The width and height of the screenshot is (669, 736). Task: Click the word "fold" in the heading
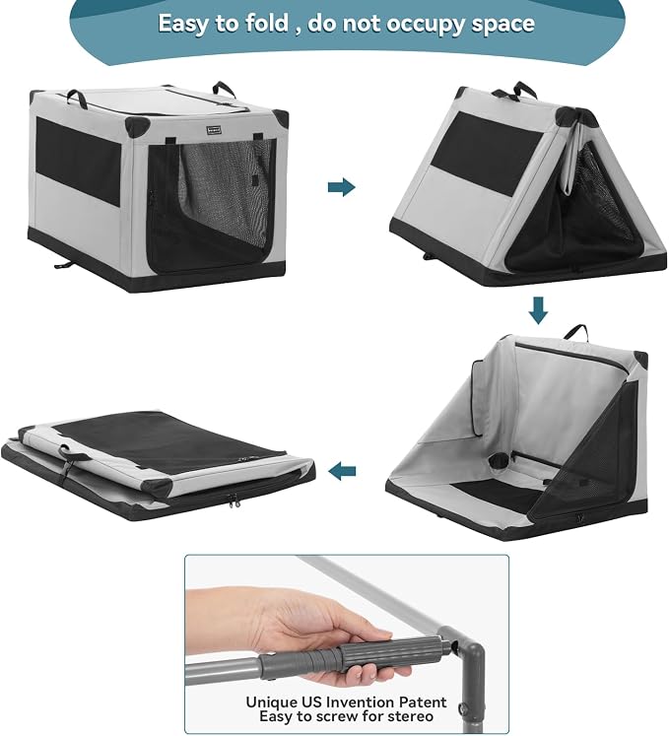[266, 23]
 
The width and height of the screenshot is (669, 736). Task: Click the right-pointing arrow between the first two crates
[341, 187]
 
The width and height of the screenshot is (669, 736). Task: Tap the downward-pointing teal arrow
[538, 309]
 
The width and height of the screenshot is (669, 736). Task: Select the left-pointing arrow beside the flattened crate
[342, 471]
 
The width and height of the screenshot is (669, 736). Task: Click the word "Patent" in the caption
[423, 703]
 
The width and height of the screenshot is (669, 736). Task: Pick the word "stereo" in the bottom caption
[408, 716]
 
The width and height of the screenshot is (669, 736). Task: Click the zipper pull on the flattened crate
[232, 501]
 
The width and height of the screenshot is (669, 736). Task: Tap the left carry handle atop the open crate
[77, 96]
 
